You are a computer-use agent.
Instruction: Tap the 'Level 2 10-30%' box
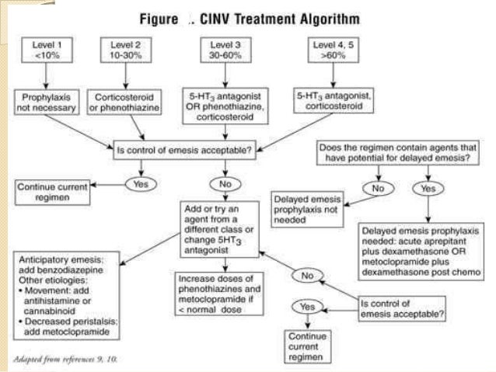coord(125,51)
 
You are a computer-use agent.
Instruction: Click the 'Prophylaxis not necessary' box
coord(46,101)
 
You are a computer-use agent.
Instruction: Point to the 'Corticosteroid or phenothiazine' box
coord(127,101)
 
